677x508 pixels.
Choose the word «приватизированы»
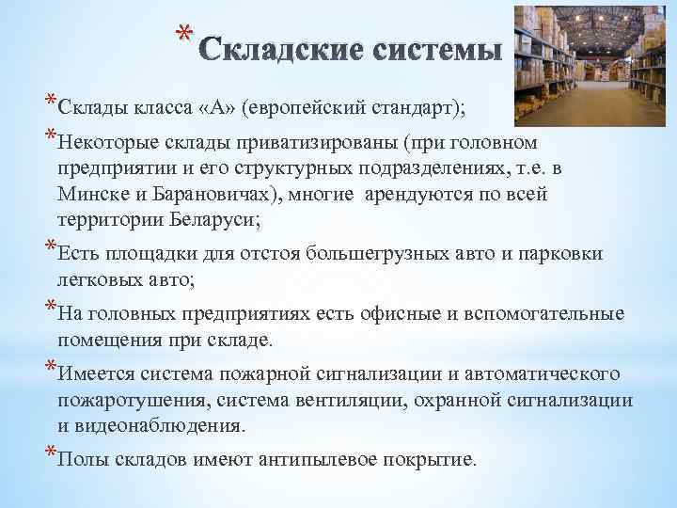point(307,144)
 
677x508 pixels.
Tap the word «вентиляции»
point(360,400)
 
